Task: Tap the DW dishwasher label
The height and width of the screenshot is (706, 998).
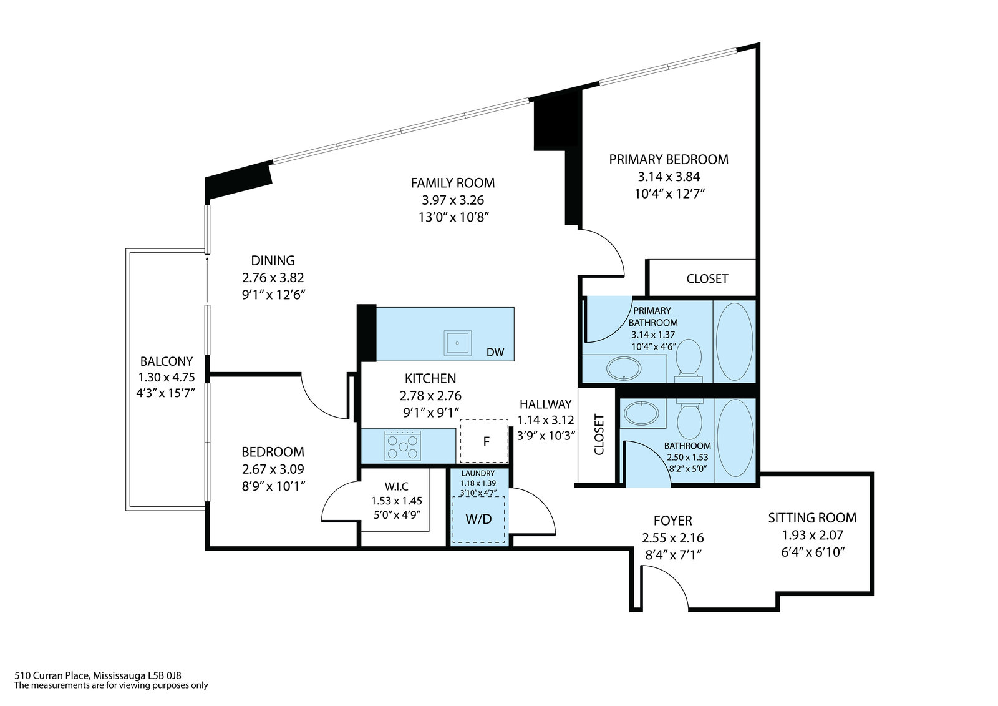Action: click(x=495, y=352)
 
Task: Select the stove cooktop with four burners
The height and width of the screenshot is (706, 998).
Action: click(x=403, y=446)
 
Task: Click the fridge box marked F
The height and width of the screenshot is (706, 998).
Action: click(x=485, y=441)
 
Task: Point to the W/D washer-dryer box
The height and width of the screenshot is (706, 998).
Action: click(x=479, y=519)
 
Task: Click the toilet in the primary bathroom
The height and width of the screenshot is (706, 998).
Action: click(x=689, y=359)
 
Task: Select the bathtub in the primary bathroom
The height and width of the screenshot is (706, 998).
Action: click(x=734, y=341)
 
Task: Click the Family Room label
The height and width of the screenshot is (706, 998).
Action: click(x=453, y=183)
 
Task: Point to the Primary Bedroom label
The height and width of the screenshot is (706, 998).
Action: click(x=669, y=159)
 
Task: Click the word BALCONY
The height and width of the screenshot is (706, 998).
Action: click(x=167, y=361)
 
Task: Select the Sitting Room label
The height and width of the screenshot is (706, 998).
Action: click(x=812, y=517)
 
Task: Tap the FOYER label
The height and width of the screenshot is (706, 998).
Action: click(x=672, y=521)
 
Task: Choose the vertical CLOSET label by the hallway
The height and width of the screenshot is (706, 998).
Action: click(x=599, y=434)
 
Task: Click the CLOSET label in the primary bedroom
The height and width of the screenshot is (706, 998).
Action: click(x=707, y=278)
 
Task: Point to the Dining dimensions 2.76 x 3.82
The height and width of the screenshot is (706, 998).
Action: click(x=273, y=277)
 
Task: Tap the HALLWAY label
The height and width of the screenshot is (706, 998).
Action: click(x=545, y=404)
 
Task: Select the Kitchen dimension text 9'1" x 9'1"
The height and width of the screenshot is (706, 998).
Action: click(x=430, y=412)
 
